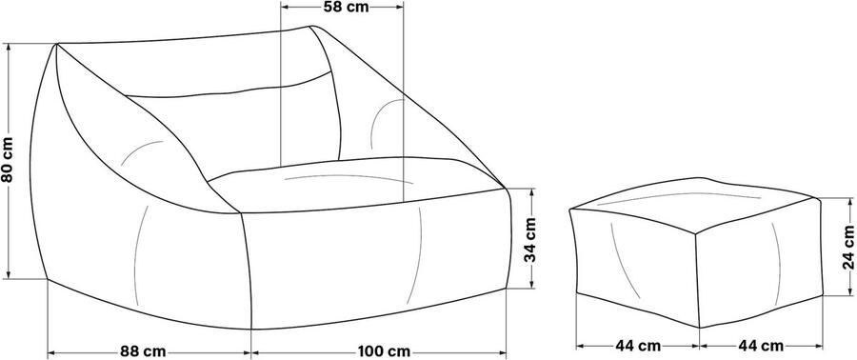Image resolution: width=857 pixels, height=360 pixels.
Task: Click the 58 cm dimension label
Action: (x=346, y=7)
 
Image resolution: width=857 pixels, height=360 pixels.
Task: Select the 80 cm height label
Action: (x=8, y=161)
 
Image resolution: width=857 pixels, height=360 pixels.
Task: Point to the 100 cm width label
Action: (x=384, y=351)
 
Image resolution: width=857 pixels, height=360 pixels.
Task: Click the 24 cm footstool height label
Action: (x=848, y=247)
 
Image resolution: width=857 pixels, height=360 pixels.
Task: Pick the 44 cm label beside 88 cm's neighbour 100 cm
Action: (x=638, y=346)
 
